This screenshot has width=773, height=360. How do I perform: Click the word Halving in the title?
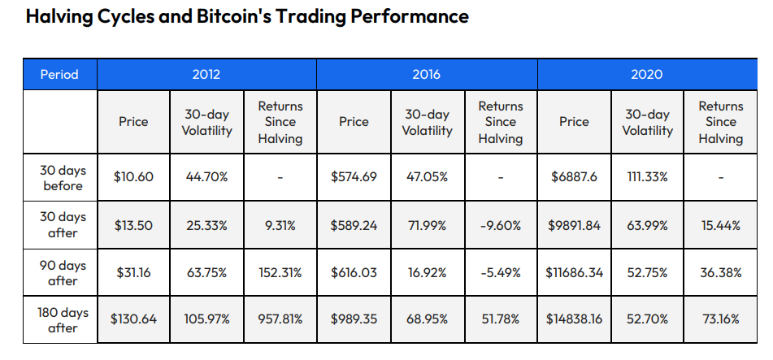[x=58, y=16]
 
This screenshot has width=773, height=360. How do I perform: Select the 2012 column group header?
[x=206, y=74]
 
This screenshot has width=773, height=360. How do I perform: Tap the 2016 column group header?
[x=426, y=74]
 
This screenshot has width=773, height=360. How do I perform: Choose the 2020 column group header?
[x=646, y=74]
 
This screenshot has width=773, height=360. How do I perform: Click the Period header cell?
[x=59, y=74]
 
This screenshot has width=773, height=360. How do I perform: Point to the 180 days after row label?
[x=63, y=319]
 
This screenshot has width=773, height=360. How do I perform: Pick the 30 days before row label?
[x=63, y=178]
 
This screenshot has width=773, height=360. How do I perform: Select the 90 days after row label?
[x=63, y=272]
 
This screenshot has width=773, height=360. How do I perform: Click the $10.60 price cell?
[x=133, y=177]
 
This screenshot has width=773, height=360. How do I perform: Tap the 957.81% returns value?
[x=280, y=319]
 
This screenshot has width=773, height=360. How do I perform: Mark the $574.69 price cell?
[x=354, y=177]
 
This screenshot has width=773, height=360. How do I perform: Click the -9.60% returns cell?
[x=500, y=225]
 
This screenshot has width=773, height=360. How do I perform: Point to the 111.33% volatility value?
[x=647, y=177]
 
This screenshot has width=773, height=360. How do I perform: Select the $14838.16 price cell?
[x=574, y=319]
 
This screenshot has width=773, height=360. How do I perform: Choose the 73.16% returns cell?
[x=720, y=319]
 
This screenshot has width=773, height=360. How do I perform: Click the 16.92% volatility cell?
[x=427, y=272]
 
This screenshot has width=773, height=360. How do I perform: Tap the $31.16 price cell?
[x=133, y=272]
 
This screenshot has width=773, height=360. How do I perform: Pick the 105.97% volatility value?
[x=206, y=319]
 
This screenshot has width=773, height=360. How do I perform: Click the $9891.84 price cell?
[x=574, y=225]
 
